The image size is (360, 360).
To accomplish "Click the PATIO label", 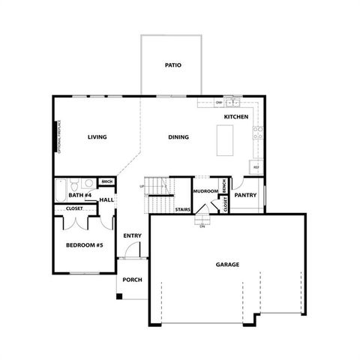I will [172, 65].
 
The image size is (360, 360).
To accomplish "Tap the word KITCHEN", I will [236, 118].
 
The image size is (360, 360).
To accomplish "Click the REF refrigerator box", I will [256, 166].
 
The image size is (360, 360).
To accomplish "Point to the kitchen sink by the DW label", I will [232, 102].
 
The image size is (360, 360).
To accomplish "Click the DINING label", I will [178, 137].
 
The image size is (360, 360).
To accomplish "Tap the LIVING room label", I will [97, 137].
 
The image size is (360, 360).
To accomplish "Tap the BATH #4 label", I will [79, 196].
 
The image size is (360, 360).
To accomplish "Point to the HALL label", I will [106, 200].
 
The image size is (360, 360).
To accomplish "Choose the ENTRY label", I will [132, 235].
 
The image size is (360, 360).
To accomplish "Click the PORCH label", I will [132, 280].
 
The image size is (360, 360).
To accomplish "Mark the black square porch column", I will [118, 296].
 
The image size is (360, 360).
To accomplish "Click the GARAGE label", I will [227, 265].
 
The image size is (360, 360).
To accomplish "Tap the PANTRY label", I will [246, 195].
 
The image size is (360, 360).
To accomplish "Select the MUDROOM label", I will [205, 191].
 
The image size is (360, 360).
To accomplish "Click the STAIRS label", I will [182, 210].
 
